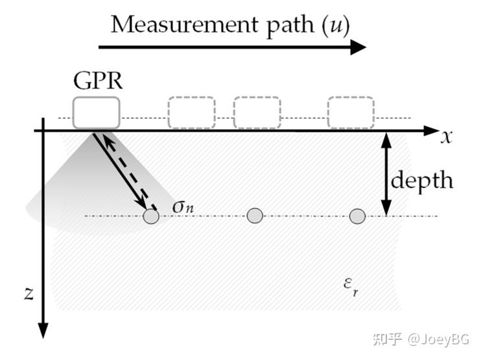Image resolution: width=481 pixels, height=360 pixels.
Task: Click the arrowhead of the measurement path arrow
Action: [358, 47]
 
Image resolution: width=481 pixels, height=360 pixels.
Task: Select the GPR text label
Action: [97, 82]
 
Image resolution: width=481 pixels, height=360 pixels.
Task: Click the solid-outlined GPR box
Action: [96, 112]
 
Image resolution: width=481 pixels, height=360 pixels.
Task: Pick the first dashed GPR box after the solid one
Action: [191, 112]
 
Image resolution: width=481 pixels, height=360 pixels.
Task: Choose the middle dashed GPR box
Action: [257, 112]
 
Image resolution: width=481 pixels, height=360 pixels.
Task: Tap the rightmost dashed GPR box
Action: [350, 112]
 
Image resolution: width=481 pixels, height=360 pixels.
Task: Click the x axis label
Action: [446, 136]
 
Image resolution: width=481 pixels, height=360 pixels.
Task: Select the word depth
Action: [422, 179]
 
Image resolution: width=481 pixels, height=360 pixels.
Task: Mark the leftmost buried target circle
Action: [151, 216]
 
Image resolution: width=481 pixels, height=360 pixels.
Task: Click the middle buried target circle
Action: [255, 215]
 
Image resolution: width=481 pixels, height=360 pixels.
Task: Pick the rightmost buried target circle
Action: [357, 216]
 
